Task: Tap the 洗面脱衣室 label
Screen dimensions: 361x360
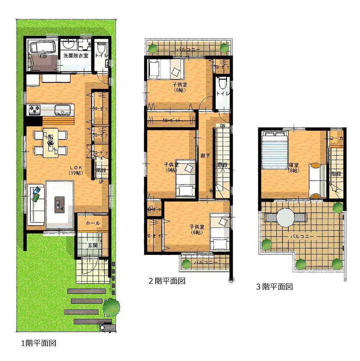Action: (x=76, y=56)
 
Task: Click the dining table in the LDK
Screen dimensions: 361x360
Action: (x=50, y=142)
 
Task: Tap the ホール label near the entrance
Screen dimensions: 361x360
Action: (x=93, y=224)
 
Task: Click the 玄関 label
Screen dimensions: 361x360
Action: (x=93, y=245)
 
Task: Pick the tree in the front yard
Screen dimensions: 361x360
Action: (x=112, y=307)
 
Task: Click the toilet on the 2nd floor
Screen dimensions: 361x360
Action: (x=222, y=84)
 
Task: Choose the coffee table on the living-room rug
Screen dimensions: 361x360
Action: (x=58, y=205)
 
